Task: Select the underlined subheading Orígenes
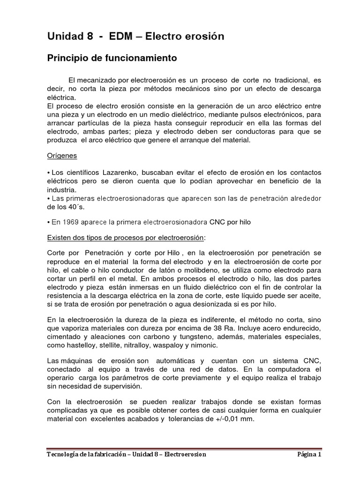point(62,155)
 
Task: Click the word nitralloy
point(143,345)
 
